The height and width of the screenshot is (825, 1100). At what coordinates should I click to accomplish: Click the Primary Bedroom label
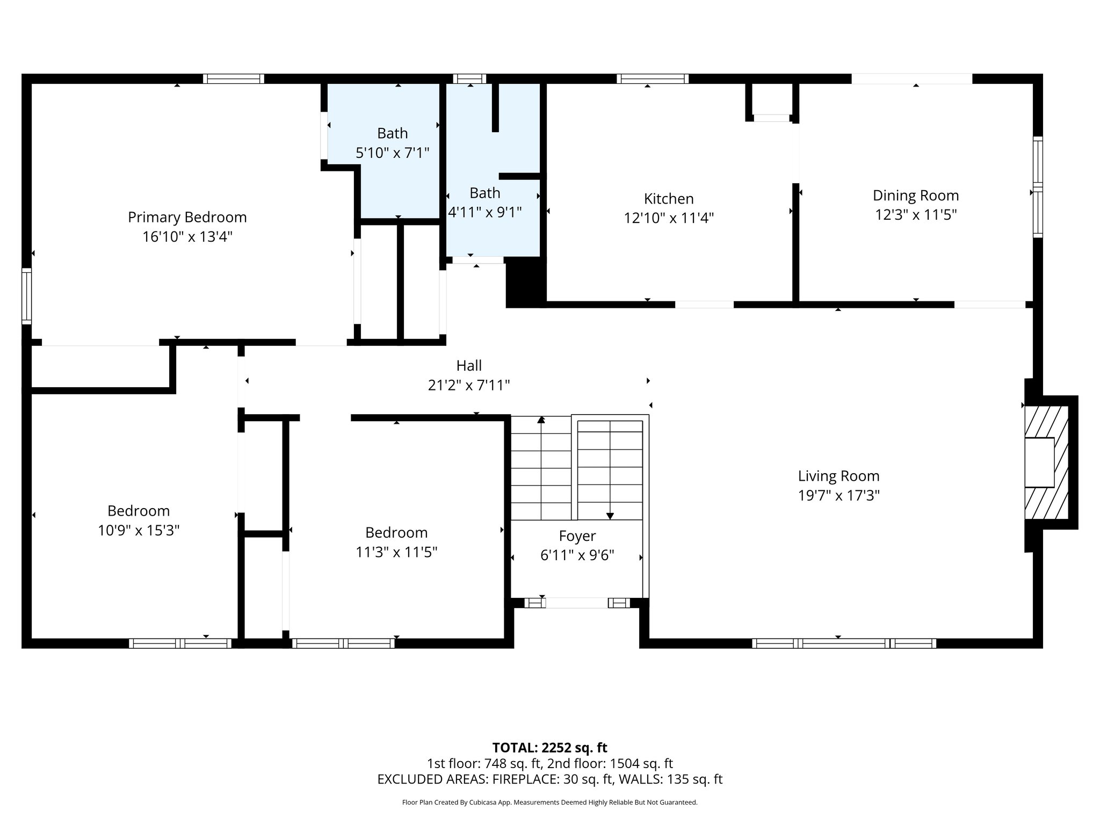pyautogui.click(x=187, y=218)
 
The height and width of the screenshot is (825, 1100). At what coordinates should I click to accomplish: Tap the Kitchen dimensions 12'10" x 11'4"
pyautogui.click(x=669, y=219)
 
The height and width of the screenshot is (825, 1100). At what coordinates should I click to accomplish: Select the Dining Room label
pyautogui.click(x=915, y=196)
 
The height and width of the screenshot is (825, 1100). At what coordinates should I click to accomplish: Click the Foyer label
pyautogui.click(x=577, y=536)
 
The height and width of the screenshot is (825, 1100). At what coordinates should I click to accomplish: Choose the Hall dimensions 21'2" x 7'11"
pyautogui.click(x=468, y=386)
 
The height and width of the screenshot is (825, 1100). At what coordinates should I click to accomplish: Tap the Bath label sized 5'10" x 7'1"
pyautogui.click(x=392, y=133)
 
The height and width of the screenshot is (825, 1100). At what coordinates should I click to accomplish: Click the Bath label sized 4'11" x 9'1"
pyautogui.click(x=484, y=193)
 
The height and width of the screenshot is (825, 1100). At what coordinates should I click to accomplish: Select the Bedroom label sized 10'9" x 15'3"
pyautogui.click(x=139, y=511)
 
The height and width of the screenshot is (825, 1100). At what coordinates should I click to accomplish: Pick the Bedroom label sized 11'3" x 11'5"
pyautogui.click(x=396, y=533)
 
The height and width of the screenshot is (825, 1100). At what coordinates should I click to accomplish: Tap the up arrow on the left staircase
pyautogui.click(x=541, y=421)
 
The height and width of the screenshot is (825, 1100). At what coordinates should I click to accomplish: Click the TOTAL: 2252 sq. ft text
pyautogui.click(x=549, y=748)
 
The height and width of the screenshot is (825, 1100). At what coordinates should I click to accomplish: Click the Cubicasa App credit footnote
pyautogui.click(x=549, y=802)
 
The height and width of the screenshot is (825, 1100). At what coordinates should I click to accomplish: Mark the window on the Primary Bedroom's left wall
pyautogui.click(x=26, y=296)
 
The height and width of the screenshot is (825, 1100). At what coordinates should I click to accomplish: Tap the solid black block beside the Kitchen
pyautogui.click(x=525, y=282)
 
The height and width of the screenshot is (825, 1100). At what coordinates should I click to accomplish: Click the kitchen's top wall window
pyautogui.click(x=652, y=79)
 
